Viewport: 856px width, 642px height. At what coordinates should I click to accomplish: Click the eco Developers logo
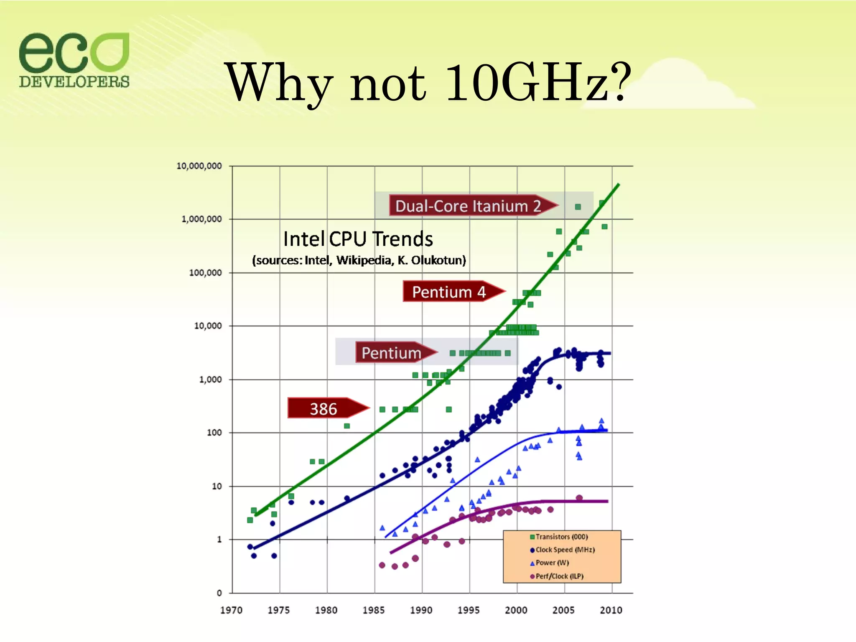click(74, 60)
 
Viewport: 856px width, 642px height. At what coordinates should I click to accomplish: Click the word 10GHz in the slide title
click(526, 82)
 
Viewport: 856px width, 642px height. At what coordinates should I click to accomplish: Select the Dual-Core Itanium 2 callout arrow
click(472, 206)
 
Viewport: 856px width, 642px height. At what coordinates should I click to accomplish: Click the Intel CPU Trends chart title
click(358, 239)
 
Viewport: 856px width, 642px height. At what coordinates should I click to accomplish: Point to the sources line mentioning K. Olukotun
click(359, 260)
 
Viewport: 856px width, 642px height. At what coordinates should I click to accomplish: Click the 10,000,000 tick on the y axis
click(199, 166)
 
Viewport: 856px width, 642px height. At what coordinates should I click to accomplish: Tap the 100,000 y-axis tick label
click(205, 273)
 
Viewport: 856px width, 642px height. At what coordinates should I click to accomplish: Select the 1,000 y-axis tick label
click(210, 380)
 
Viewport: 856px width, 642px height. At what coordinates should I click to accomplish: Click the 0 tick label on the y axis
click(219, 593)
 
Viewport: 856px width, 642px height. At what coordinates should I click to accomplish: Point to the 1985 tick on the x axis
click(373, 610)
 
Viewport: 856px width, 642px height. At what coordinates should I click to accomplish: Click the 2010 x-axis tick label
click(611, 610)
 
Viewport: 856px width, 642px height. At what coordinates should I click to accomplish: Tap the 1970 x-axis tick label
click(231, 610)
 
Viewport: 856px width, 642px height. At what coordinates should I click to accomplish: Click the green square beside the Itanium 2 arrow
click(578, 207)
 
